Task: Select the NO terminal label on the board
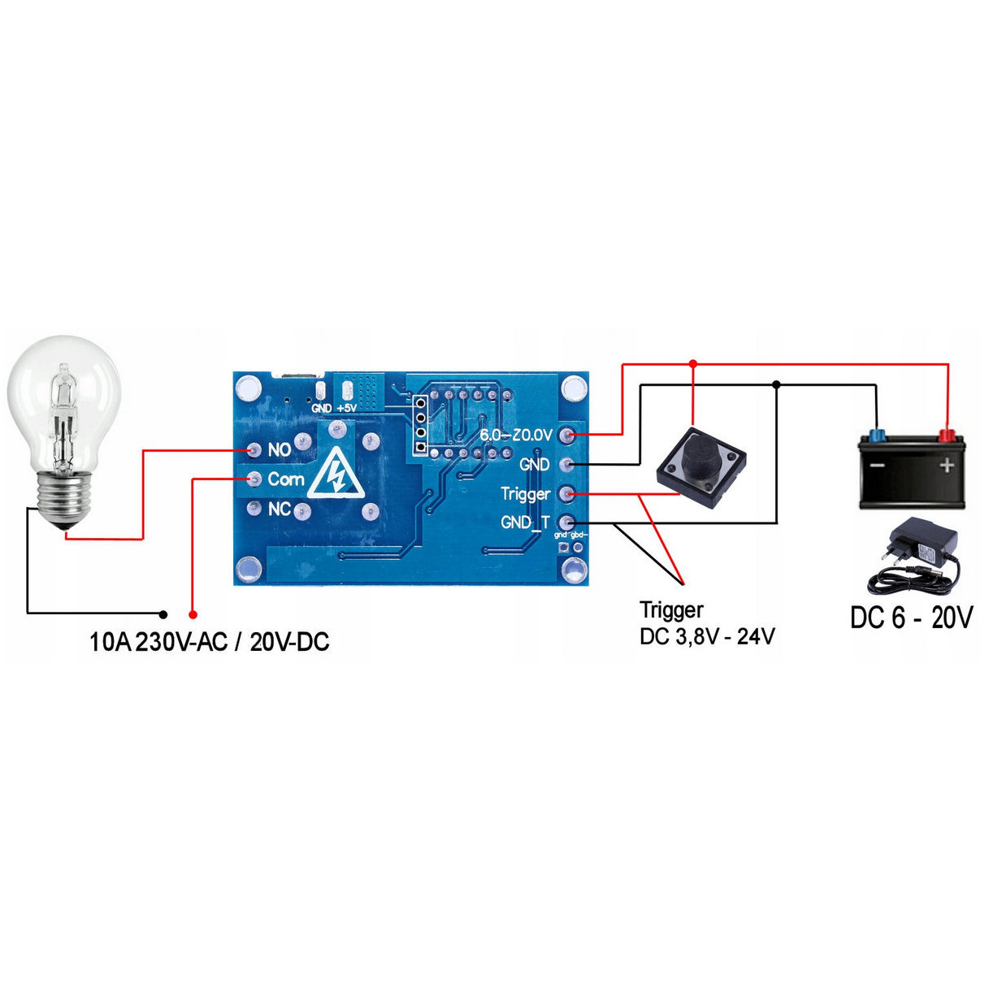coord(279,449)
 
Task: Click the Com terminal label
coord(285,479)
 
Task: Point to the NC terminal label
coord(279,510)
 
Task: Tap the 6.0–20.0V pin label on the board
coord(515,435)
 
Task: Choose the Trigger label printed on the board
coord(525,494)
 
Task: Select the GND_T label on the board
coord(525,523)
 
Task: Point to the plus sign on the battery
coord(947,466)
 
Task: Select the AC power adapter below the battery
coord(914,557)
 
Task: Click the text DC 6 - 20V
coord(911,618)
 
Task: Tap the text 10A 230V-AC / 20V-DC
coord(209,643)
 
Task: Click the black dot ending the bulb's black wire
coord(163,614)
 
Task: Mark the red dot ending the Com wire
coord(193,614)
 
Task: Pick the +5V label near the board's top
coord(346,407)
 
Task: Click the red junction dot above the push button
coord(692,363)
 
